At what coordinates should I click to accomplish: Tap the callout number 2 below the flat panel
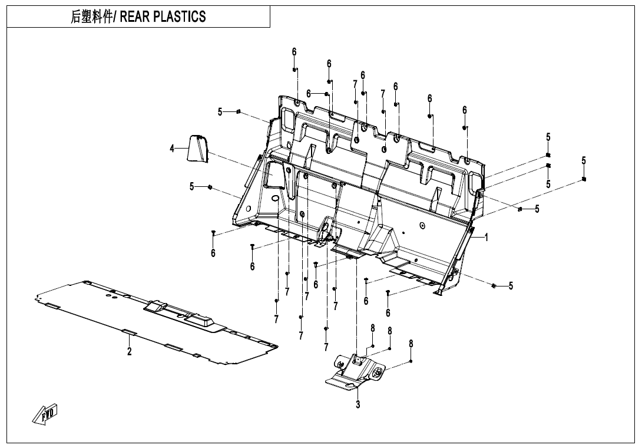tap(130, 352)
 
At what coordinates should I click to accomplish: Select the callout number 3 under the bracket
tap(358, 404)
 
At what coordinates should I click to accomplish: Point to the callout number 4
tap(172, 149)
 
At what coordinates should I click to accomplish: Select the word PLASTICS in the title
tap(179, 17)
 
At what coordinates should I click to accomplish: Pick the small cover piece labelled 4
tap(198, 148)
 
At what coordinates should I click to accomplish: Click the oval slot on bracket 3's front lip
tap(351, 386)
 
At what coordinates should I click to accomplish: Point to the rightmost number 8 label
tap(411, 343)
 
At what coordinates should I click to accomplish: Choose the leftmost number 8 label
tap(372, 328)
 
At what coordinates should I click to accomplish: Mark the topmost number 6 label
tap(294, 52)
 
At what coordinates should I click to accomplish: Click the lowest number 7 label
tap(326, 347)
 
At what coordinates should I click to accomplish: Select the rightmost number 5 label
tap(583, 160)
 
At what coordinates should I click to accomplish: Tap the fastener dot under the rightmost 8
tap(411, 361)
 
